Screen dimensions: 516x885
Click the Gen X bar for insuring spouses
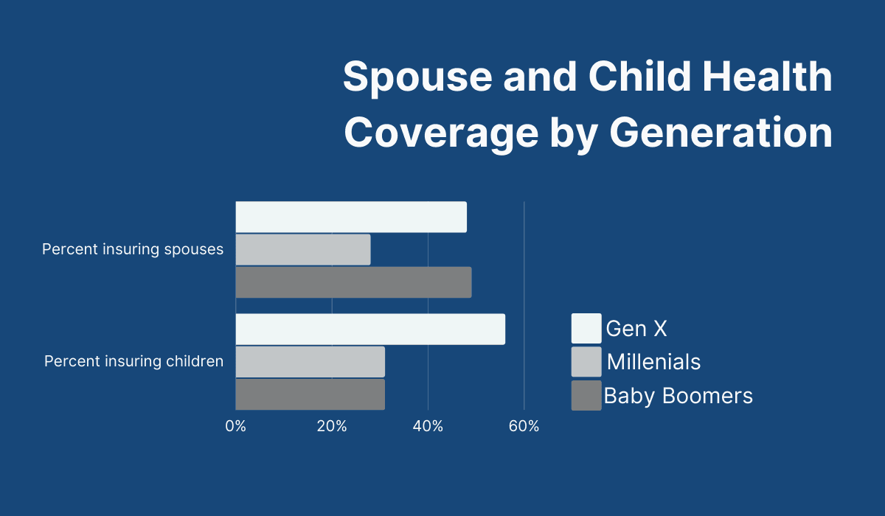coord(351,217)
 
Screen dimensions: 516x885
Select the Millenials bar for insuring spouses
coord(303,249)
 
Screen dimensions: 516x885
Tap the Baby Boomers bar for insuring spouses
coord(353,282)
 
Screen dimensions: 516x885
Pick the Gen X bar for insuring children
coord(370,329)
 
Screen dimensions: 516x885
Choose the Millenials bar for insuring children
coord(310,361)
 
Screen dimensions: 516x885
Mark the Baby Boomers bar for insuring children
coord(310,394)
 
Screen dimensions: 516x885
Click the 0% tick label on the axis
coord(236,426)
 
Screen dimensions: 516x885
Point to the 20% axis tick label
coord(332,426)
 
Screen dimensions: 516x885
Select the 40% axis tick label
coord(428,426)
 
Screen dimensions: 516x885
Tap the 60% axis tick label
coord(524,426)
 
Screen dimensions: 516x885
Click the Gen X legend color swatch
coord(586,329)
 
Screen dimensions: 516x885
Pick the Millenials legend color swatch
coord(586,362)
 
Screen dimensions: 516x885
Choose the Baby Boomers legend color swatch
coord(586,395)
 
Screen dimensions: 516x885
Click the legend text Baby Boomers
coord(678,396)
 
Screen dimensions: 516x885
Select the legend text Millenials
coord(653,362)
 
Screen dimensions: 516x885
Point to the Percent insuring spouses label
coord(133,249)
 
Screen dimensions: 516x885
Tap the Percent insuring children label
coord(133,361)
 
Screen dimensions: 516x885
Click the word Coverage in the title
coord(442,134)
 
